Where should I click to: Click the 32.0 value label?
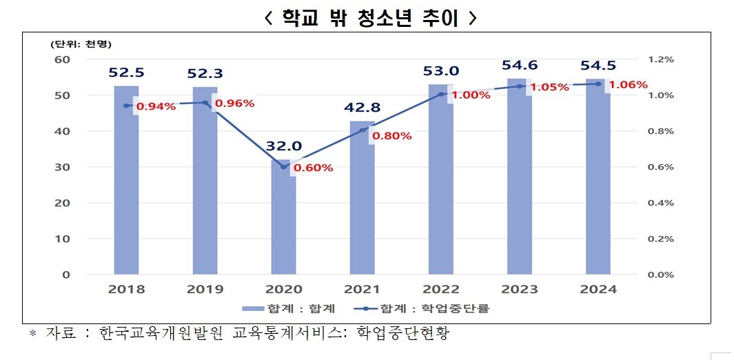click(x=283, y=146)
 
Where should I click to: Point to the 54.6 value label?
click(x=520, y=66)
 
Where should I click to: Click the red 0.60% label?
click(x=313, y=168)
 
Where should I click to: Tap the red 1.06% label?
click(x=628, y=86)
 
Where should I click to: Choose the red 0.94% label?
click(x=156, y=106)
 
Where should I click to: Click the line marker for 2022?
click(x=441, y=94)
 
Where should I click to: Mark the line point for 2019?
click(x=205, y=103)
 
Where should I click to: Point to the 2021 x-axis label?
click(x=362, y=289)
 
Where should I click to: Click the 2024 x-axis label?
click(x=598, y=289)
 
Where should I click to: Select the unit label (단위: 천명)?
click(x=81, y=43)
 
